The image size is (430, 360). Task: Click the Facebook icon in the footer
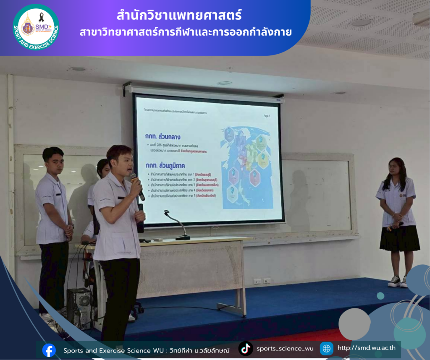(49, 350)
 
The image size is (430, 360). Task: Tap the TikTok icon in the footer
(246, 348)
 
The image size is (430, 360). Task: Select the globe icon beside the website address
(326, 348)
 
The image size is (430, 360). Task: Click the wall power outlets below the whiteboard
(262, 281)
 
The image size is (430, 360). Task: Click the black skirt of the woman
(399, 238)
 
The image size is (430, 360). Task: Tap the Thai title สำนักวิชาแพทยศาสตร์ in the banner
(179, 16)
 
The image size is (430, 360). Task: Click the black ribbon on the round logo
(41, 17)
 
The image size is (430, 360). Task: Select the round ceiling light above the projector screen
(225, 83)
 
